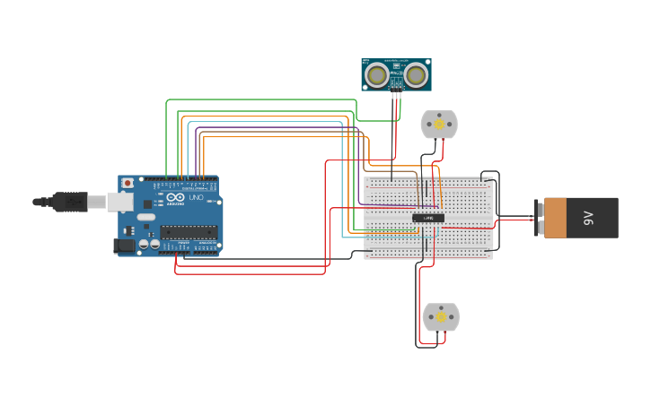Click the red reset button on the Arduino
127,183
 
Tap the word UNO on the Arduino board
196,197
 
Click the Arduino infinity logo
174,197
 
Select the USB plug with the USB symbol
70,202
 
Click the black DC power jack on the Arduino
125,245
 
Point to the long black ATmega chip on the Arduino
189,231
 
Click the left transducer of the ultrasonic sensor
377,75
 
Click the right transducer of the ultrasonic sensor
415,75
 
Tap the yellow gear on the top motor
439,125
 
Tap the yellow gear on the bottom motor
441,317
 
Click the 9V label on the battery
589,218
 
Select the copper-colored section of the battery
555,218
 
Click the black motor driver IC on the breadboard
428,218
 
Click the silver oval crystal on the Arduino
145,217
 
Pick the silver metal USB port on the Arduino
119,203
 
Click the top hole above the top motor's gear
439,115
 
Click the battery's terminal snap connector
539,218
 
